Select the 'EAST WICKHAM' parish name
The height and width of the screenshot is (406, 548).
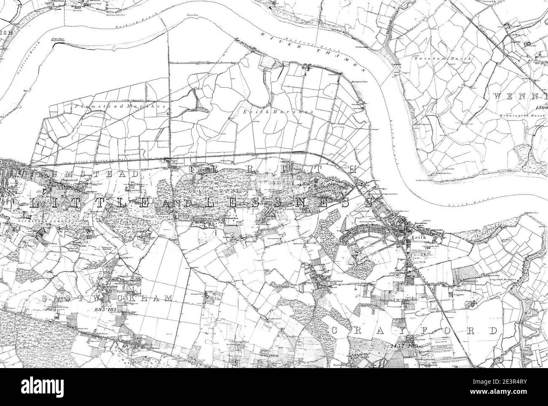point(107,298)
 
